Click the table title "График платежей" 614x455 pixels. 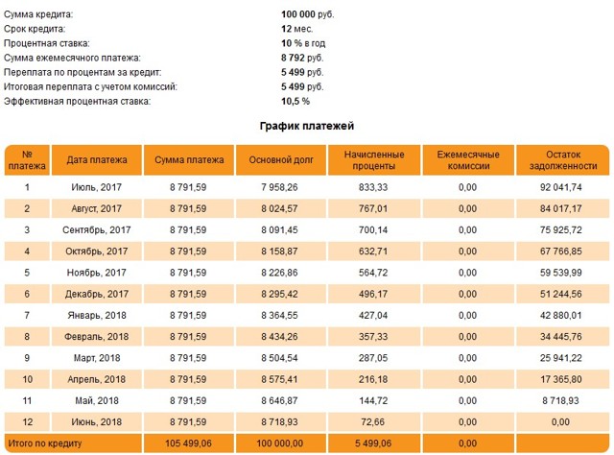point(307,126)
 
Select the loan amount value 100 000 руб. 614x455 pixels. point(307,14)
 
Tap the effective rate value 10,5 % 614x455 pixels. point(295,102)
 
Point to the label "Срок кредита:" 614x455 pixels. point(35,29)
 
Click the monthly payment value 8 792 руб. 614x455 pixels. point(302,58)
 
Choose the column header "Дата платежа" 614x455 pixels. point(97,160)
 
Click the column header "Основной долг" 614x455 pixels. point(281,160)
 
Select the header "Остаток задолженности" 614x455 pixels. point(563,160)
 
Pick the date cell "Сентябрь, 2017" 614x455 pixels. point(97,230)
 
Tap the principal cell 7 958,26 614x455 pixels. point(279,187)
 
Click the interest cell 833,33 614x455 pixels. point(373,187)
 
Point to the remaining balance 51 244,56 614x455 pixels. point(560,294)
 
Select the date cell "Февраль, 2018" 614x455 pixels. point(97,337)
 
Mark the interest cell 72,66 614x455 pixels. point(373,422)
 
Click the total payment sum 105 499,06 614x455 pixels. point(188,443)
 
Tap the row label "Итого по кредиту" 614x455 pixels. point(45,443)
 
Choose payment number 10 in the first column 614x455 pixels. point(27,379)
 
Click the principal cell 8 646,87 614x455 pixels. point(279,400)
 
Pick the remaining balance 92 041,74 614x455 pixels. point(560,187)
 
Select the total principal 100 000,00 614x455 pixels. point(279,443)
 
